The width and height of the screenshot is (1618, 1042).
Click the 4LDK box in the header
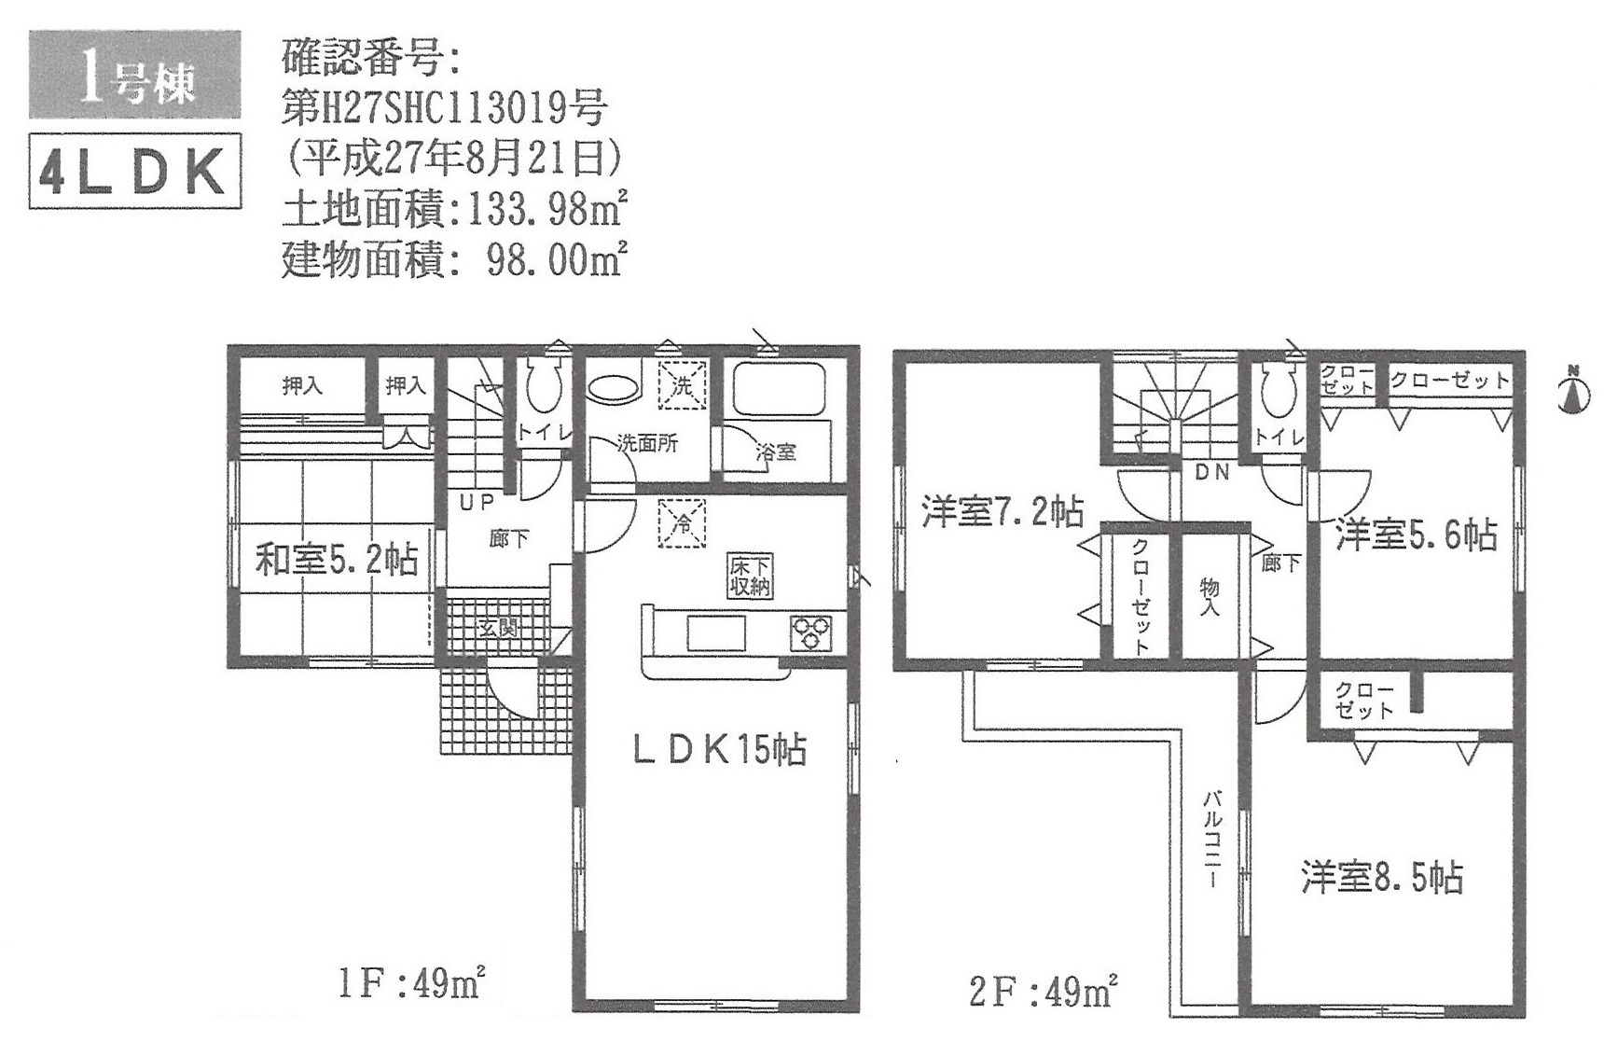click(x=136, y=171)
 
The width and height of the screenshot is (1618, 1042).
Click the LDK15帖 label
click(x=719, y=749)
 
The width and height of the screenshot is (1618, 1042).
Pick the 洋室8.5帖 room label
click(x=1383, y=877)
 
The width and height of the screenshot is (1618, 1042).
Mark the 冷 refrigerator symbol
click(x=683, y=524)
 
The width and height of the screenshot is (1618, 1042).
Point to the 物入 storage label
click(x=1210, y=597)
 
